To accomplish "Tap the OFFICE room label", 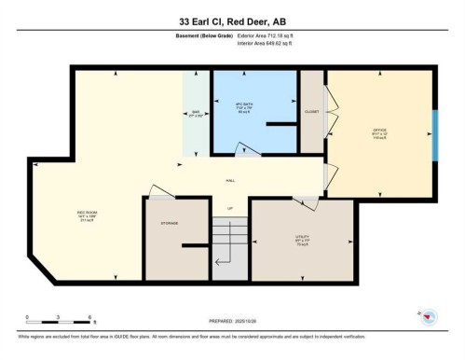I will point(379,131).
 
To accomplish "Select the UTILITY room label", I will point(302,238).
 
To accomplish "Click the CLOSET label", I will point(311,111).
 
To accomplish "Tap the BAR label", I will point(196,116).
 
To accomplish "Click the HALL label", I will point(229,180).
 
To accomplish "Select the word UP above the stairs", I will point(230,209).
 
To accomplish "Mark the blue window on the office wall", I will point(433,135).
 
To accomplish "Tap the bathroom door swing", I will point(246,149).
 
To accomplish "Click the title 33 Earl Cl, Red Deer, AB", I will point(232,20).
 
